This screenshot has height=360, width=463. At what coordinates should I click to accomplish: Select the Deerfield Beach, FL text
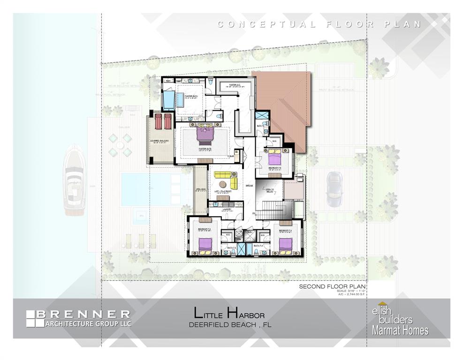tap(230, 324)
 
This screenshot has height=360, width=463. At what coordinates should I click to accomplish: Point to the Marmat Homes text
tap(400, 330)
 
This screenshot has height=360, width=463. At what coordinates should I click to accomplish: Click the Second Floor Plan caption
tap(332, 286)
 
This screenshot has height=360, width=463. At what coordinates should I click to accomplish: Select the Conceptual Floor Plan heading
tap(319, 24)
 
